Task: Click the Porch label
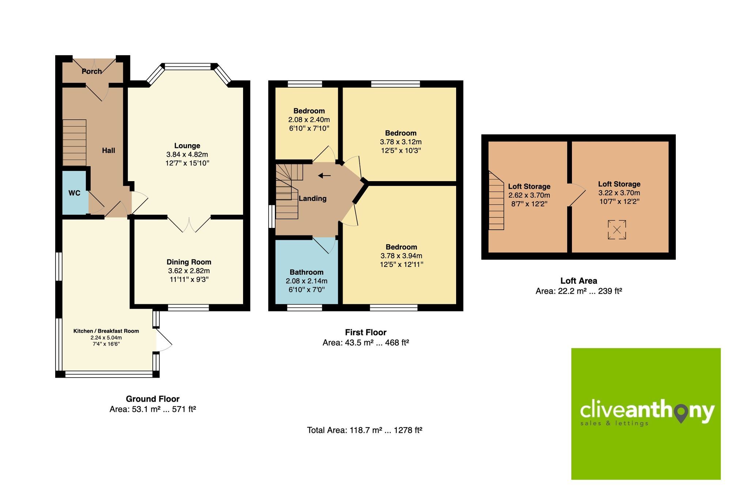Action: (x=91, y=71)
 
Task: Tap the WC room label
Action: (x=74, y=193)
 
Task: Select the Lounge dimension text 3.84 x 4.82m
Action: (x=187, y=154)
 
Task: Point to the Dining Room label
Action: (x=189, y=262)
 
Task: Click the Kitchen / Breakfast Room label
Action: (x=106, y=331)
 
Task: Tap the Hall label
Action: (x=109, y=150)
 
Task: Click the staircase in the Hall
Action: (x=75, y=143)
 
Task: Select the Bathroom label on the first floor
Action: (x=306, y=272)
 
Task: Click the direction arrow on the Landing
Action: (x=324, y=176)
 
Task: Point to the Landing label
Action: (x=313, y=198)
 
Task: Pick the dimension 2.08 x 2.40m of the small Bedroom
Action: (x=309, y=120)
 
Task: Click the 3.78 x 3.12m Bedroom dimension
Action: (x=401, y=142)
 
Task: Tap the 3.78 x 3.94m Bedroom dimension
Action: (x=401, y=256)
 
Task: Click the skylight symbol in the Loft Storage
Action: (x=617, y=230)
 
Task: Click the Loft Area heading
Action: (x=579, y=281)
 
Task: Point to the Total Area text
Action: (x=364, y=430)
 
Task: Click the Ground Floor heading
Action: (x=152, y=399)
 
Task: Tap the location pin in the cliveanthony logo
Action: (x=681, y=414)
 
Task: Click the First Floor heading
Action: (x=365, y=332)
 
